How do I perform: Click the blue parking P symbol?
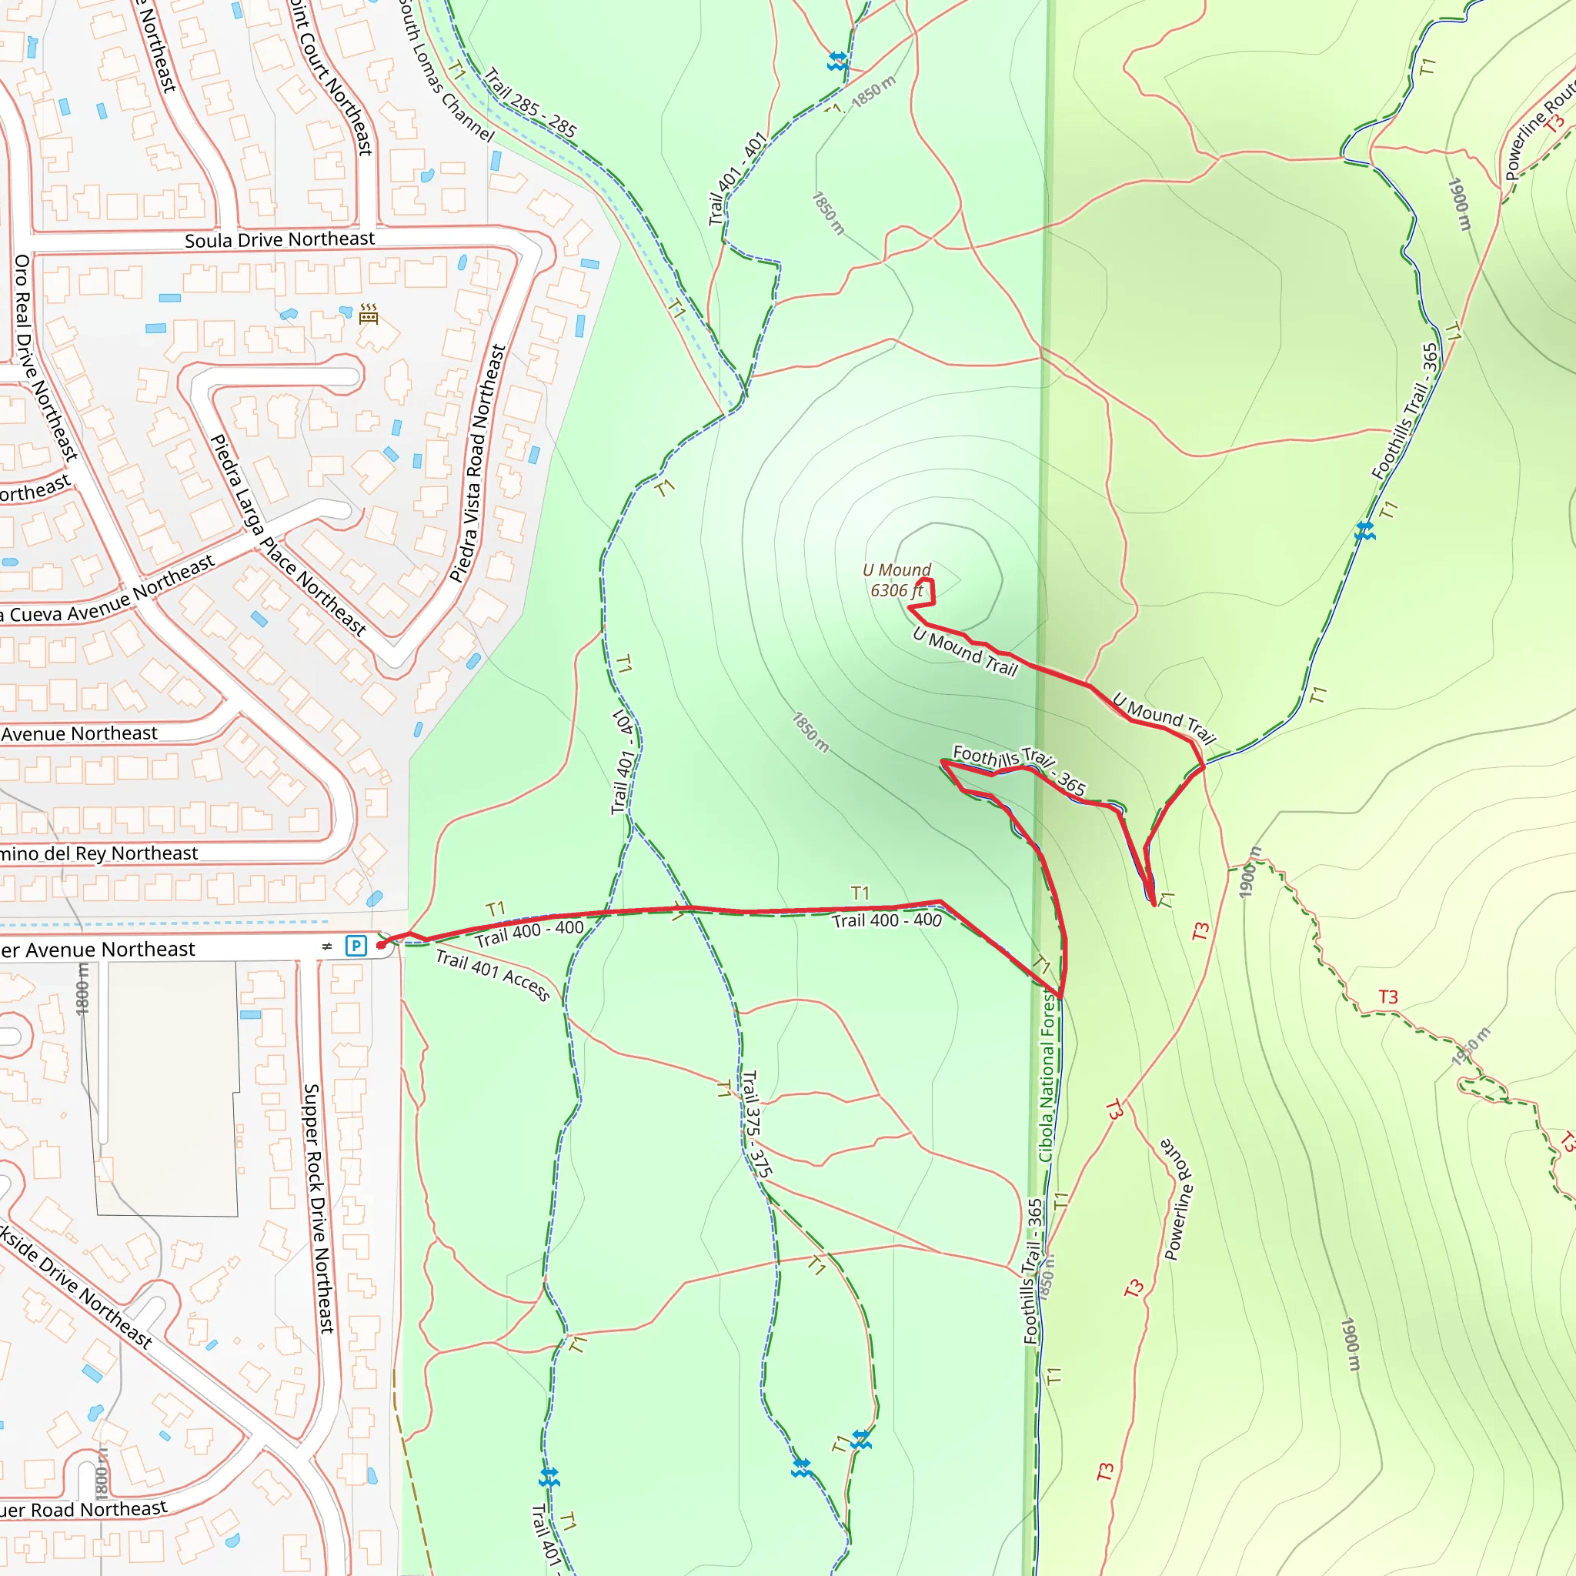coord(356,946)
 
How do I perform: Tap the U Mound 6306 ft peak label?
coord(897,580)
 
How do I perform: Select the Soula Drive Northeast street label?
coord(279,240)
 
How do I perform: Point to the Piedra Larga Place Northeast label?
coord(287,535)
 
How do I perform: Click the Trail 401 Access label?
coord(492,974)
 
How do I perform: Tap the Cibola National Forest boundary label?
coord(1047,1075)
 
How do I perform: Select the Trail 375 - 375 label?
coord(756,1124)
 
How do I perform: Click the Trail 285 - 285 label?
coord(530,103)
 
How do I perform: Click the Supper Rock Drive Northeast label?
coord(319,1208)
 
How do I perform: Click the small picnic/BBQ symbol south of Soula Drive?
coord(369,314)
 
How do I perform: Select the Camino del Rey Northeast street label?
coord(98,853)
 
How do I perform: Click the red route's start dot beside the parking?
coord(380,946)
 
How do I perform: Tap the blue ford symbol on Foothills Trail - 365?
coord(1364,533)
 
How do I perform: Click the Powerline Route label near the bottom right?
coord(1178,1198)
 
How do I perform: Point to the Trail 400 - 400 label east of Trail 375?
coord(886,921)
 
